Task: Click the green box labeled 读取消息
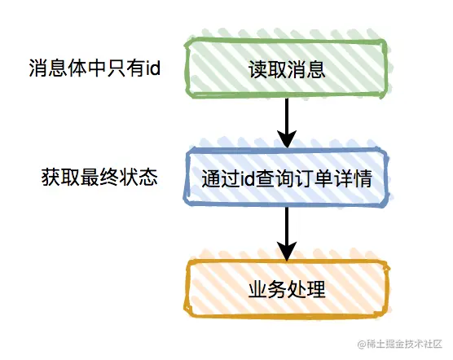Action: [x=286, y=68]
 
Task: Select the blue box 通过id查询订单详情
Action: [x=286, y=177]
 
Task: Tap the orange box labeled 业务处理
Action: [x=286, y=288]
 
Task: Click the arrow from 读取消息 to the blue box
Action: [x=287, y=123]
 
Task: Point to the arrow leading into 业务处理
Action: [x=287, y=234]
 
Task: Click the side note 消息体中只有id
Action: [x=95, y=68]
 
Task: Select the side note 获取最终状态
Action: [x=99, y=177]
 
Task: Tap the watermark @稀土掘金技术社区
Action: [x=399, y=344]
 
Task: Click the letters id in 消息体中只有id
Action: [x=153, y=68]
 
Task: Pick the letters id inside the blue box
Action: [x=248, y=178]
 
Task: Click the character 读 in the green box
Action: [x=257, y=69]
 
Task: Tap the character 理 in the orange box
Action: [x=316, y=289]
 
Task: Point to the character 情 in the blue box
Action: [x=363, y=178]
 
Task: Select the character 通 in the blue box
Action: [x=211, y=178]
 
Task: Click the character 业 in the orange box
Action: [x=257, y=289]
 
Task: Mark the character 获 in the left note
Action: [x=51, y=177]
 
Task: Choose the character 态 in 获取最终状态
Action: [x=148, y=177]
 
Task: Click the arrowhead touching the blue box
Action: [x=287, y=138]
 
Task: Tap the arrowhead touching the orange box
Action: [x=287, y=251]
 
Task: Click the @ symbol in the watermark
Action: [x=362, y=345]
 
